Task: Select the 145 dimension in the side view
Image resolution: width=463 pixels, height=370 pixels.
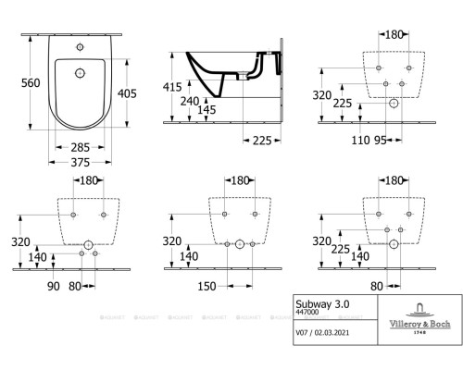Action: [206, 111]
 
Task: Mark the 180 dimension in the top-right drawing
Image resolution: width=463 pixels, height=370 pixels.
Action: [394, 35]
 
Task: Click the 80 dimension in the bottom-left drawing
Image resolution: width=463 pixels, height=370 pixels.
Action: [74, 286]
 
